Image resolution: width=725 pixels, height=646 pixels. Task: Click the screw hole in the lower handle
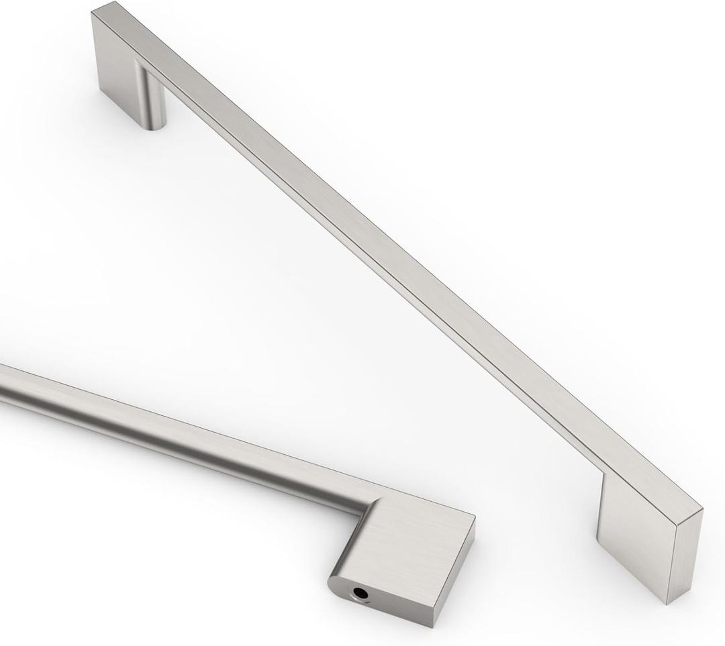[361, 592]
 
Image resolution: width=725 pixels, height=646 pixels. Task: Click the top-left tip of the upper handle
[94, 9]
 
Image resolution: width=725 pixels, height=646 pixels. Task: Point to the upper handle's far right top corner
[702, 510]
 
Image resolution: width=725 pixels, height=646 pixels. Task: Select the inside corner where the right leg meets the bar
[603, 475]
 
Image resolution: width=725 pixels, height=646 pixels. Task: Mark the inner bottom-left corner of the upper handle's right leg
[597, 540]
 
